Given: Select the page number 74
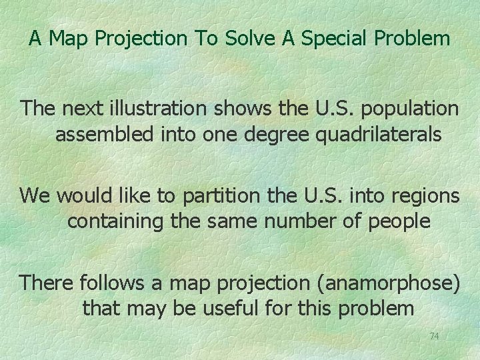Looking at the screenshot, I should pos(434,336).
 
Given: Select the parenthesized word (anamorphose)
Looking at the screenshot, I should pos(375,283).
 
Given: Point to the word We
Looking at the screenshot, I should pos(33,195).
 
